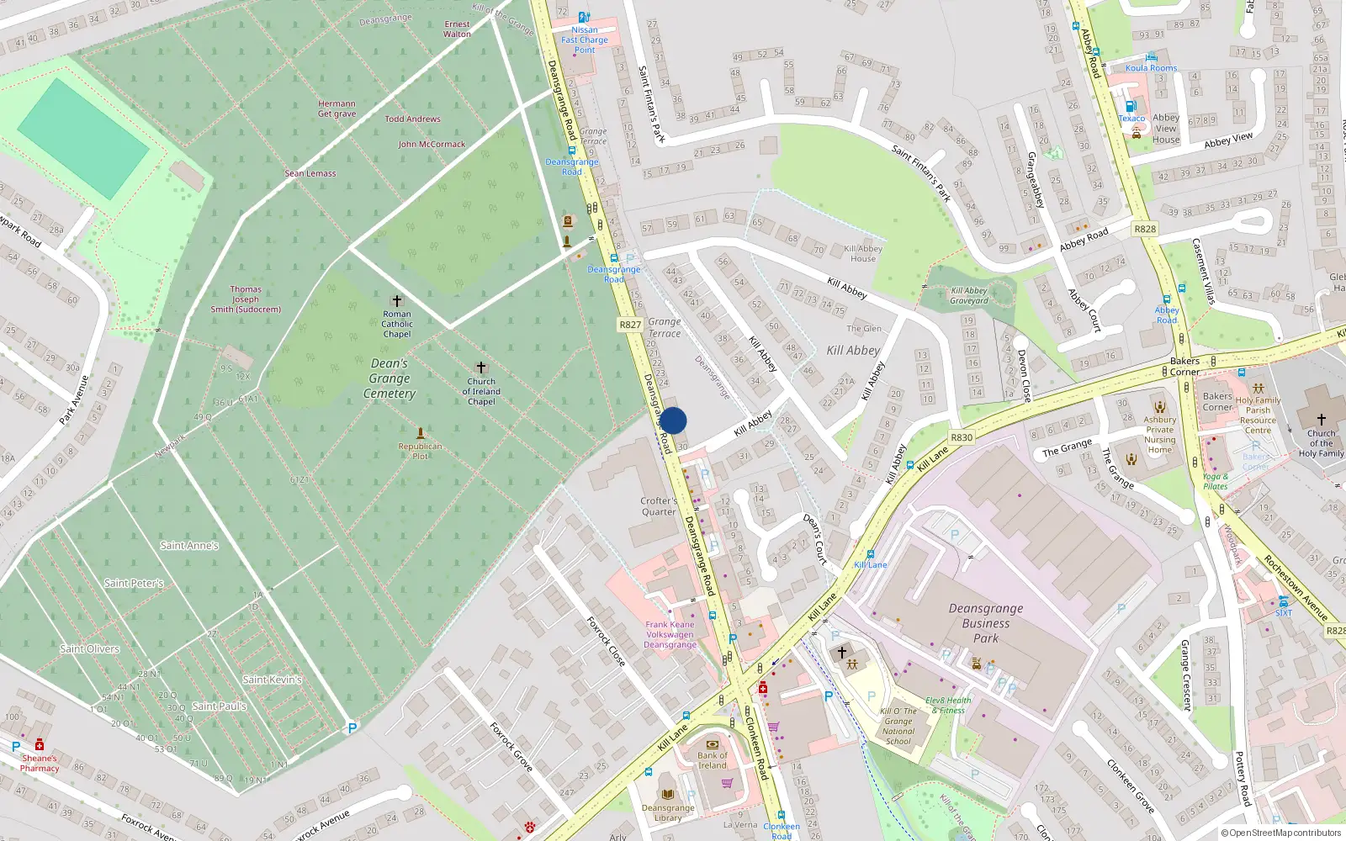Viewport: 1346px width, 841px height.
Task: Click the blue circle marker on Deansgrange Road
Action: pyautogui.click(x=673, y=420)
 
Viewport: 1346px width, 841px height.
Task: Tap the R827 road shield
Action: pyautogui.click(x=630, y=325)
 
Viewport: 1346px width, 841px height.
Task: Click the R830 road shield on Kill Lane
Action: pyautogui.click(x=962, y=437)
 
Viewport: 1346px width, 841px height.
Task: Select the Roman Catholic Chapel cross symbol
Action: pyautogui.click(x=397, y=300)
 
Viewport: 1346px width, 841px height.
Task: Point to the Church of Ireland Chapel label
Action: pyautogui.click(x=481, y=392)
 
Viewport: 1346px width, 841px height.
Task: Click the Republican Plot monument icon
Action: pyautogui.click(x=421, y=433)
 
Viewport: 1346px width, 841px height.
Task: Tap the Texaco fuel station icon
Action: pyautogui.click(x=1131, y=106)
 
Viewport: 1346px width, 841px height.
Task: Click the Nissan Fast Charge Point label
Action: pyautogui.click(x=585, y=40)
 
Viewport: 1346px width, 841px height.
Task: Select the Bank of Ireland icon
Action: pyautogui.click(x=713, y=744)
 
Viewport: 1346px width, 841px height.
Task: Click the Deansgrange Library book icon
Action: pyautogui.click(x=668, y=794)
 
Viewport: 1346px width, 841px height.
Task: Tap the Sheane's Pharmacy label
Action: pyautogui.click(x=40, y=763)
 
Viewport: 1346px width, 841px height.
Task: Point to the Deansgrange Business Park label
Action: pyautogui.click(x=986, y=623)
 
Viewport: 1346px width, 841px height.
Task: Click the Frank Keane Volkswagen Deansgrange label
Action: pyautogui.click(x=670, y=635)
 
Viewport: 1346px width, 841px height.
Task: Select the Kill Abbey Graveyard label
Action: pyautogui.click(x=969, y=296)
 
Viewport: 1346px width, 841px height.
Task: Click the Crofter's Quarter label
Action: pyautogui.click(x=659, y=506)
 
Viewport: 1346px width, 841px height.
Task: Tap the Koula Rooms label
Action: pyautogui.click(x=1151, y=68)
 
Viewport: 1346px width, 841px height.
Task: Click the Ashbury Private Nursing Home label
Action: pyautogui.click(x=1159, y=435)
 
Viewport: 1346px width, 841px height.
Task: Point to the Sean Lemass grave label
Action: pyautogui.click(x=310, y=173)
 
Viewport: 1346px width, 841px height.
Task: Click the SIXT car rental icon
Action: pyautogui.click(x=1283, y=601)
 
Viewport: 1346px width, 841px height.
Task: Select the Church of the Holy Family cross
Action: pyautogui.click(x=1321, y=419)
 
